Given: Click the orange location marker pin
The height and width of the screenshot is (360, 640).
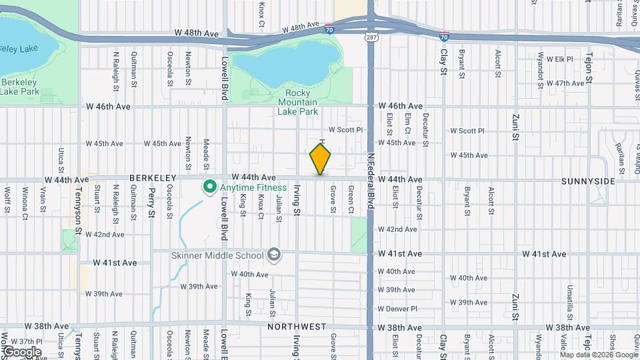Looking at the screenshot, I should coord(321,159).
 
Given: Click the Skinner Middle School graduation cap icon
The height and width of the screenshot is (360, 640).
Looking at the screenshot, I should coord(273,255).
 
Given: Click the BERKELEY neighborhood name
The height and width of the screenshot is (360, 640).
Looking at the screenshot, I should coord(153,178).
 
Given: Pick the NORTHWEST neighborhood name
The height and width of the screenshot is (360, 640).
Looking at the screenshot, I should coord(297,327).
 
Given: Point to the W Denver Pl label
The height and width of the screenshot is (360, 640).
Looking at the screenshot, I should coord(397,309).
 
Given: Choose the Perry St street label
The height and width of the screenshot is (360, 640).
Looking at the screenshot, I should coord(152,205).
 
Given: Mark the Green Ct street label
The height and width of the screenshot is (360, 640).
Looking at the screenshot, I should coord(351,196).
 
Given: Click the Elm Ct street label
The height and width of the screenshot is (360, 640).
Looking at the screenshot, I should coord(407,123).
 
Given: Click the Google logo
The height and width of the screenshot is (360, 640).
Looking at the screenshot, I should coord(21,352).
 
